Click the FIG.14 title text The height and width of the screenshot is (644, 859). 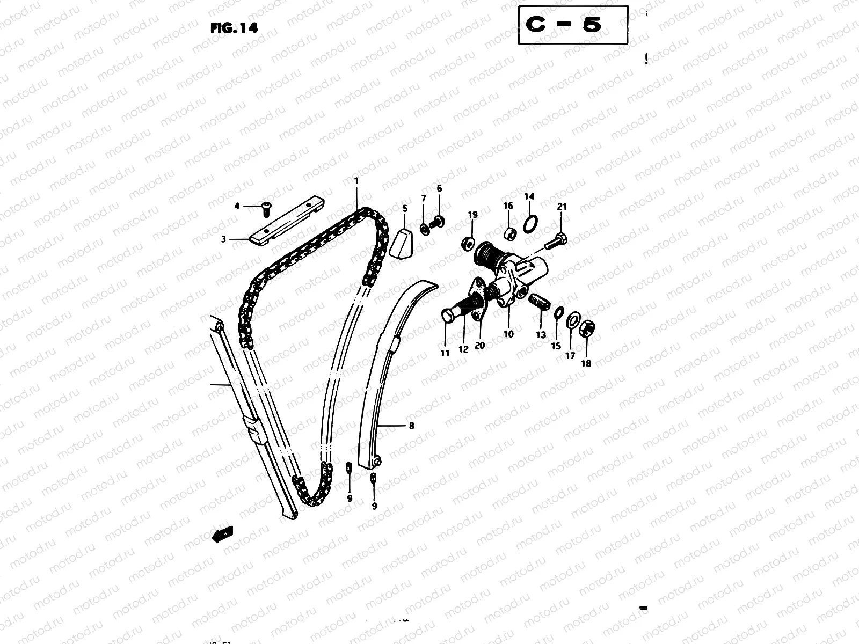pyautogui.click(x=234, y=28)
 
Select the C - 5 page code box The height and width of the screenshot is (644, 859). pyautogui.click(x=573, y=25)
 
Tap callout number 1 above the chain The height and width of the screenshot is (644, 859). pyautogui.click(x=355, y=181)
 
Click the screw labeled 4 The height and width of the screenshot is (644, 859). pyautogui.click(x=266, y=208)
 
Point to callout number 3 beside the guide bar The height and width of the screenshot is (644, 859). pyautogui.click(x=224, y=239)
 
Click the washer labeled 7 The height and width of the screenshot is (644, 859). pyautogui.click(x=424, y=229)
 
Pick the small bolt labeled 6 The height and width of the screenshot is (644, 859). pyautogui.click(x=438, y=221)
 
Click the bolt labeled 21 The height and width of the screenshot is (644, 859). pyautogui.click(x=557, y=241)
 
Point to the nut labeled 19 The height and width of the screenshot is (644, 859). pyautogui.click(x=467, y=243)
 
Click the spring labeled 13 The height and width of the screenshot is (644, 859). pyautogui.click(x=539, y=302)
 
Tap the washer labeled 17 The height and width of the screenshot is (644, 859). pyautogui.click(x=573, y=321)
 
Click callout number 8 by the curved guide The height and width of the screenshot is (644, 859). pyautogui.click(x=412, y=426)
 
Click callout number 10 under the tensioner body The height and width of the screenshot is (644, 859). pyautogui.click(x=508, y=334)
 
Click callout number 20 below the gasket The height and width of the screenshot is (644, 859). pyautogui.click(x=479, y=345)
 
